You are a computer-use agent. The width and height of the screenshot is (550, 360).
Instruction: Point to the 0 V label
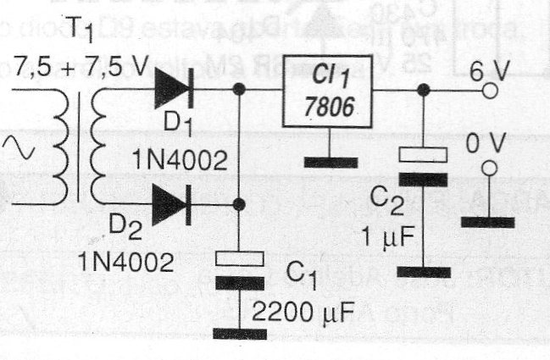point(485,144)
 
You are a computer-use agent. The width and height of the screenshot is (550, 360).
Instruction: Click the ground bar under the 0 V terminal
point(488,222)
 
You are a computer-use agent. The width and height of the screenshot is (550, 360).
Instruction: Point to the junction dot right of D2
point(240,204)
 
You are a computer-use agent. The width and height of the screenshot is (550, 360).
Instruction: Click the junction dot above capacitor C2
point(423,88)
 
